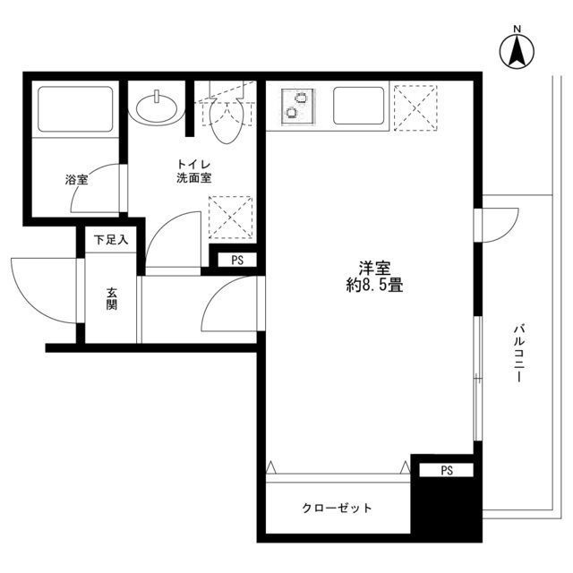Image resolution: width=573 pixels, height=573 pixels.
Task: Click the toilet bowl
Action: (x=227, y=122)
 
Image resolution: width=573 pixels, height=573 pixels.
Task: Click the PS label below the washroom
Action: (x=236, y=261)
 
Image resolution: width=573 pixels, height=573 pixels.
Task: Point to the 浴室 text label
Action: (x=75, y=180)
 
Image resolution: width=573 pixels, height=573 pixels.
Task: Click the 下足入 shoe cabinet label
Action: (x=112, y=240)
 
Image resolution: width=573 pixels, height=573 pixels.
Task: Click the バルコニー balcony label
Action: (x=518, y=355)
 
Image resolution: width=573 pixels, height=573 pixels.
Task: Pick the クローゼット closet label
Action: (x=336, y=508)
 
